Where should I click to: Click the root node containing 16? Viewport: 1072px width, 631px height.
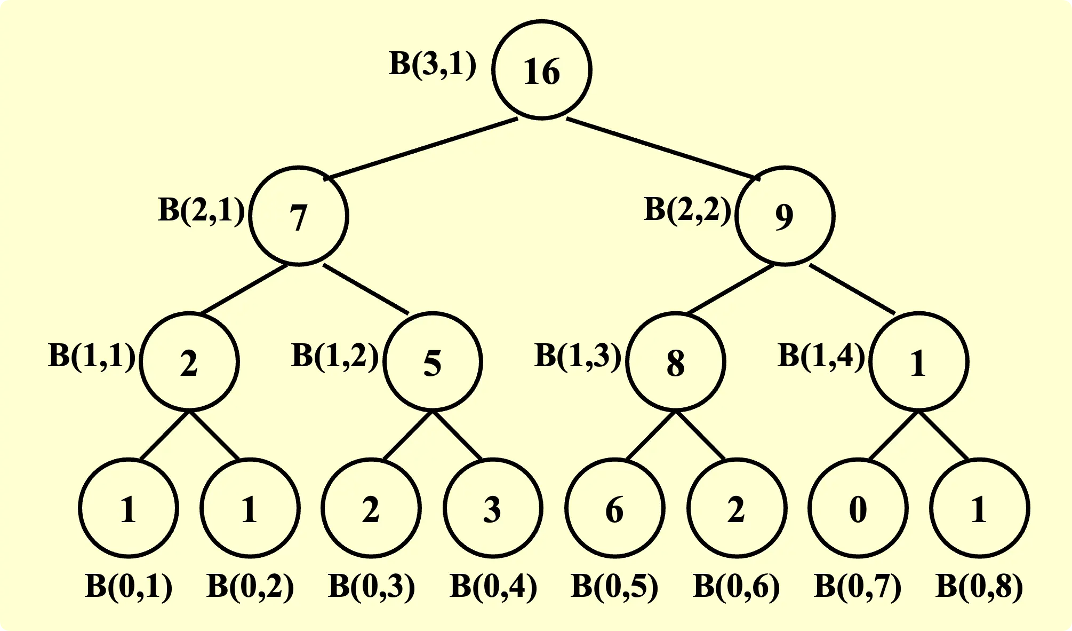click(x=541, y=70)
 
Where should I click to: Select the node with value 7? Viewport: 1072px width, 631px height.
click(x=299, y=216)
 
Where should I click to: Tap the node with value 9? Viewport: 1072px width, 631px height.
click(x=785, y=216)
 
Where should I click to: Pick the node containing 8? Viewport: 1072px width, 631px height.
click(x=675, y=362)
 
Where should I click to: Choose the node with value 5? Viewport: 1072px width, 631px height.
click(x=433, y=362)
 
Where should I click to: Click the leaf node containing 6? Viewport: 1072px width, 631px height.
click(x=614, y=508)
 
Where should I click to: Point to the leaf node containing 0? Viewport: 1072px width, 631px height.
click(x=858, y=508)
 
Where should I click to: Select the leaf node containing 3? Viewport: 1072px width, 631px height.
click(x=493, y=508)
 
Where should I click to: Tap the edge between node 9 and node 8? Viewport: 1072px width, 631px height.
click(x=731, y=289)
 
